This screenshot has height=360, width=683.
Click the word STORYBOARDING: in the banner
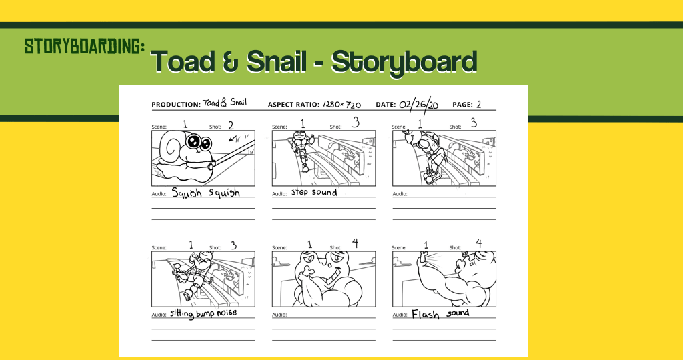(x=85, y=46)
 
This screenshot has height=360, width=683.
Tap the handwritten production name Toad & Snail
(x=225, y=103)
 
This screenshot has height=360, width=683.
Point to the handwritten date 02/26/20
(x=419, y=105)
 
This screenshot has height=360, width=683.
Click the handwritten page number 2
(x=479, y=105)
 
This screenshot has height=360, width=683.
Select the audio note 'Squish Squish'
(x=205, y=193)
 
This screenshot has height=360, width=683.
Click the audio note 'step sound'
(x=314, y=192)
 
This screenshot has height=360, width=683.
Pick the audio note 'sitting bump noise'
(x=203, y=313)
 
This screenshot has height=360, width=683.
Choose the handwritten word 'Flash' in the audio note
(x=425, y=314)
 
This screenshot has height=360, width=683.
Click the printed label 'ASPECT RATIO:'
(x=293, y=105)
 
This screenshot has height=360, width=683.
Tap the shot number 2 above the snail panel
(x=231, y=126)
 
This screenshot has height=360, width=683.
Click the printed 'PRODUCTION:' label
(x=176, y=105)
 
